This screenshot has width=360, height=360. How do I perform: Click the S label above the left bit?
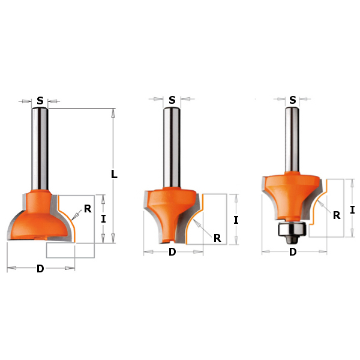40,101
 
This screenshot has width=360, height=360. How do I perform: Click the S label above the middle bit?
172,100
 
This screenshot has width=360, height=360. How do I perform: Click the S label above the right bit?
292,100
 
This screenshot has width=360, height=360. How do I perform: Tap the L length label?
114,175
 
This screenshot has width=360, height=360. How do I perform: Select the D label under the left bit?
40,269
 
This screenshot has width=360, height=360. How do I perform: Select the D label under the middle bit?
172,252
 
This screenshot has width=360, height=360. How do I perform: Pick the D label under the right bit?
293,252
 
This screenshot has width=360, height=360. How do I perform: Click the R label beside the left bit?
88,209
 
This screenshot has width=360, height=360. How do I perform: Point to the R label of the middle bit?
217,238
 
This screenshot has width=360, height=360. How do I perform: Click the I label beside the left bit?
103,219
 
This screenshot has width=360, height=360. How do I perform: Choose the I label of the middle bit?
236,220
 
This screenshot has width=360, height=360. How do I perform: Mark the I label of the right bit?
352,210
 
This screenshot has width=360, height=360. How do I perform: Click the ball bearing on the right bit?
291,229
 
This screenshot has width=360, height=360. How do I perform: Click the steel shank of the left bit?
40,150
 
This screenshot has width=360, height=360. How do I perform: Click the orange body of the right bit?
291,192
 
